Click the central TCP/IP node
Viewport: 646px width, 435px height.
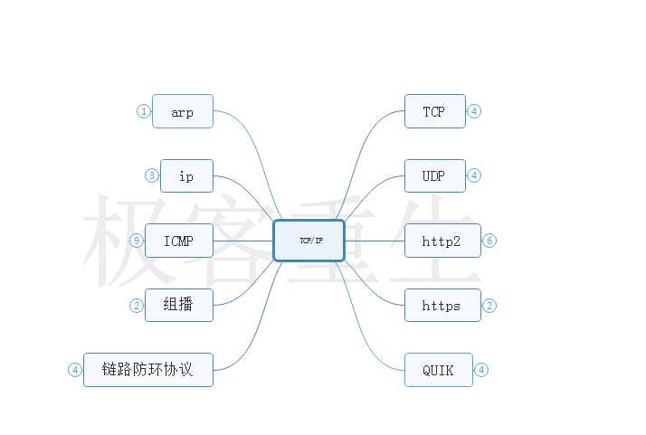coord(309,241)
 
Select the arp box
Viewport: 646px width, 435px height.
coord(183,111)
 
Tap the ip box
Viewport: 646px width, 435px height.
coord(186,175)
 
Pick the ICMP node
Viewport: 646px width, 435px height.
coord(179,241)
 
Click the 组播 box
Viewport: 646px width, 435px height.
coord(179,305)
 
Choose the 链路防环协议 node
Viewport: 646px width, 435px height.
coord(148,370)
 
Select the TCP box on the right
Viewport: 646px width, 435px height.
coord(434,111)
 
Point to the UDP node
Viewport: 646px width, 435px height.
coord(434,175)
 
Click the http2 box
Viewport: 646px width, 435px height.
coord(442,241)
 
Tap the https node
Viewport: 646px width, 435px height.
coord(442,306)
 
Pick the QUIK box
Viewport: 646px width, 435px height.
coord(439,370)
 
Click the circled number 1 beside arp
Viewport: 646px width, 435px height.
coord(143,111)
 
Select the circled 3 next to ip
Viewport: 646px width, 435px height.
coord(152,175)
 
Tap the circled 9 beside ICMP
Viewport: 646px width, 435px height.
coord(137,241)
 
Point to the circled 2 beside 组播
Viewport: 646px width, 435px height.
coord(137,306)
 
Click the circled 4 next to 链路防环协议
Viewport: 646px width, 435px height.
coord(75,370)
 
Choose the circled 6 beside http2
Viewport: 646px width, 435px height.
coord(489,241)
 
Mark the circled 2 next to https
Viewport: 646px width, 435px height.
coord(489,306)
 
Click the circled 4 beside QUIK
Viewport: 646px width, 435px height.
coord(481,370)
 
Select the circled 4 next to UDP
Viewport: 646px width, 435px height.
coord(474,175)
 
